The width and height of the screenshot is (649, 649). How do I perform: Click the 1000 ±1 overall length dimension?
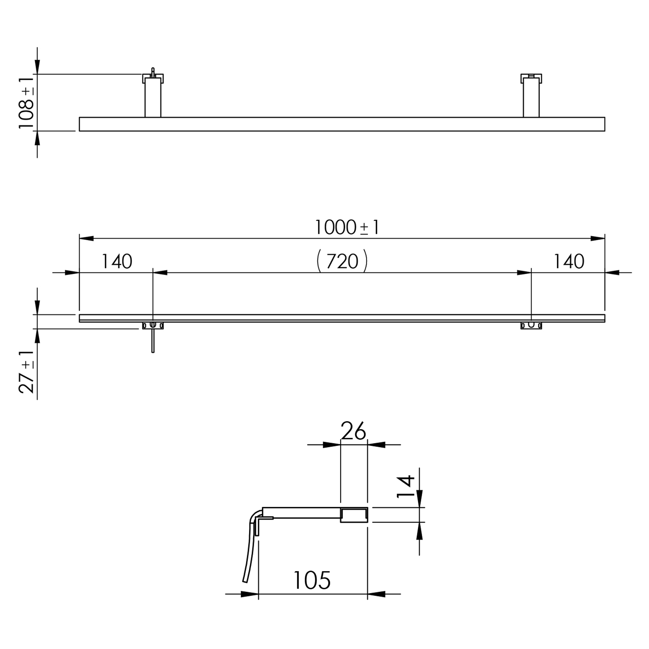click(x=347, y=227)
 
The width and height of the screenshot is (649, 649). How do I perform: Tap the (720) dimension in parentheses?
click(x=342, y=261)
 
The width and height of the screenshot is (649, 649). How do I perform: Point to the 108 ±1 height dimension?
click(x=26, y=103)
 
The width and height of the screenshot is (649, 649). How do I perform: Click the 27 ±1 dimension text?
click(x=26, y=372)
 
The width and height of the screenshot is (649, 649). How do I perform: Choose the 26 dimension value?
click(x=353, y=431)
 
